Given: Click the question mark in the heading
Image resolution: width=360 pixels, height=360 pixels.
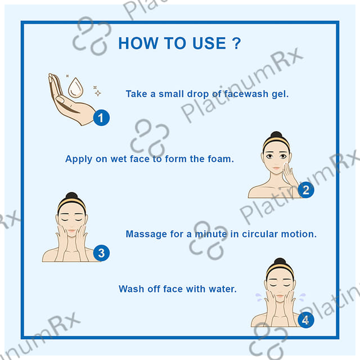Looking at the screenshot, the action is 236,43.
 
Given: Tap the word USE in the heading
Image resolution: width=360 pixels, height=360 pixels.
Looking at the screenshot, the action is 209,43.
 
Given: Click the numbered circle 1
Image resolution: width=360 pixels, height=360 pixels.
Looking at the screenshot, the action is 101,118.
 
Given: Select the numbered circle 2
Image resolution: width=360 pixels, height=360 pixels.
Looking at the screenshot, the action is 306,190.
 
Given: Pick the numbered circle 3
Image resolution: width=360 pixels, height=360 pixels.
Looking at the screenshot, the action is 101,253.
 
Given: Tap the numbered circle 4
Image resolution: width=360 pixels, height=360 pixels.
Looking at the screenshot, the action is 306,320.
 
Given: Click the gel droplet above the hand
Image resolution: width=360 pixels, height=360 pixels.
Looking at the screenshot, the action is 75,88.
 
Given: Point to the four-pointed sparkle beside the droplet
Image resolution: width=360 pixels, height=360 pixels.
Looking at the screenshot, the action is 98,93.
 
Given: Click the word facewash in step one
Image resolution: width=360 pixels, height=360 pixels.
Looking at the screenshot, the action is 246,94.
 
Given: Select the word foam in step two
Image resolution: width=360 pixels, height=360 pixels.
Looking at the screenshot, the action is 220,159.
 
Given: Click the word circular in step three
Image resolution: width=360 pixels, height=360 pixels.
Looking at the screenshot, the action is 260,234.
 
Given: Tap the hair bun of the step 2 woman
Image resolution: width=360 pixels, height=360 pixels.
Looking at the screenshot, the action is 276,135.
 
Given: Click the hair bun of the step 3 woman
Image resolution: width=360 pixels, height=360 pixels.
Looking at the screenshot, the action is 71,196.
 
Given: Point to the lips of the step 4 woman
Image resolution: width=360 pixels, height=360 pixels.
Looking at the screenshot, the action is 280,296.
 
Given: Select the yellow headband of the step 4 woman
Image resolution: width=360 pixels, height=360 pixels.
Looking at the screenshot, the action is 280,269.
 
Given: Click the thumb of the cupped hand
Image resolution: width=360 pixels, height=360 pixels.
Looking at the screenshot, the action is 60,99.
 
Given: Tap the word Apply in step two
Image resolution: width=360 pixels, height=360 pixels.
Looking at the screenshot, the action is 79,159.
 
